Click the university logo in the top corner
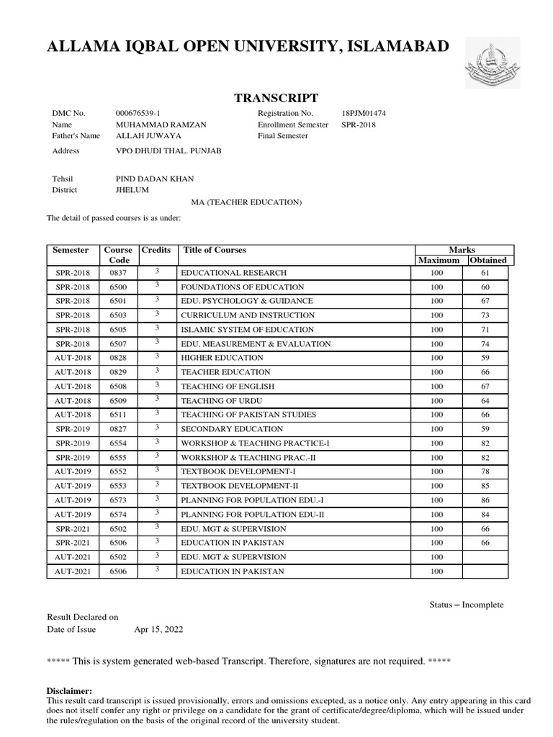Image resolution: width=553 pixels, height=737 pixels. click(x=490, y=61)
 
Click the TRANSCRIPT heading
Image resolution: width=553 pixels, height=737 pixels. click(x=276, y=98)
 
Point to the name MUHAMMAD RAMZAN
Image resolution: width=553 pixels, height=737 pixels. click(x=161, y=125)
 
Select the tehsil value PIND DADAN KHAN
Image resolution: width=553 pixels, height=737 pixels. click(x=154, y=179)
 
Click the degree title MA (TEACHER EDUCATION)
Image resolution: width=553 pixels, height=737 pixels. click(x=246, y=203)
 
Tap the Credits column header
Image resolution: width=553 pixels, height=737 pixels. click(x=156, y=250)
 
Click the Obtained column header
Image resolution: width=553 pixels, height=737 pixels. click(x=488, y=260)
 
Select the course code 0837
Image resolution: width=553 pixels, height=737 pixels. click(x=117, y=273)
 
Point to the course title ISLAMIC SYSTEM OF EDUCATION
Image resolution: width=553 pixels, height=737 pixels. click(x=238, y=330)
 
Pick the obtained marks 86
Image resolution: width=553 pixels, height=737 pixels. click(x=485, y=500)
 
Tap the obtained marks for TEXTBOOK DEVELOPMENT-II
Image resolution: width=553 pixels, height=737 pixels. click(x=485, y=486)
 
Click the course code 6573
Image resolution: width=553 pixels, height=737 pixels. click(x=117, y=500)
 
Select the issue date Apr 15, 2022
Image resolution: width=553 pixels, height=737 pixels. click(x=158, y=629)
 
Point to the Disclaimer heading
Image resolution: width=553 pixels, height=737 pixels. click(x=69, y=690)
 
